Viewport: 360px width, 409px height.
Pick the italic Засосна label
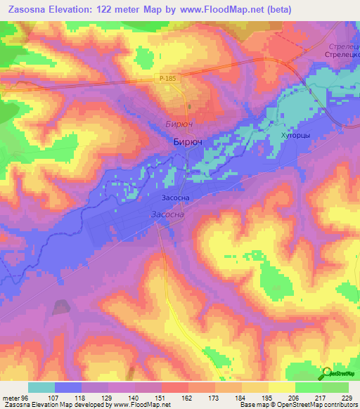[167, 214]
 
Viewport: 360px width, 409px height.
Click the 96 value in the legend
[26, 398]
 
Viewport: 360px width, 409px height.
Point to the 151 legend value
[160, 398]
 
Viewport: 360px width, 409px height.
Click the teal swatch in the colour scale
[41, 387]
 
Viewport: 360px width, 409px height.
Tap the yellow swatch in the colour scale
[282, 387]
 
